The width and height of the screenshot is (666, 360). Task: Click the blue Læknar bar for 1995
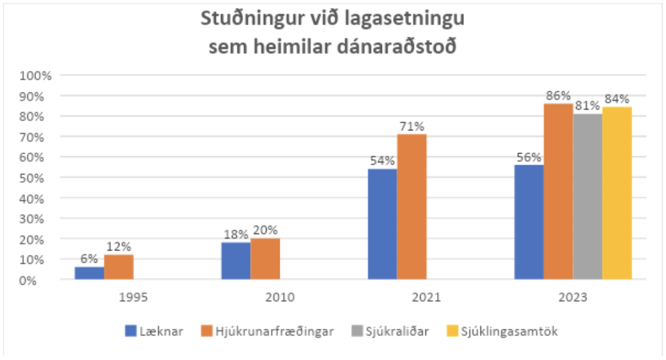coord(89,273)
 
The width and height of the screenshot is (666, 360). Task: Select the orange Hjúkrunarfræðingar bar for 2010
coord(265,259)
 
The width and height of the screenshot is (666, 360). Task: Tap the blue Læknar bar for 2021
coord(382,224)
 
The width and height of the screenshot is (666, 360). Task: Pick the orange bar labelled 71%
coord(411,207)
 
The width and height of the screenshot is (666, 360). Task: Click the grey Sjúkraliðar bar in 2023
coord(587,197)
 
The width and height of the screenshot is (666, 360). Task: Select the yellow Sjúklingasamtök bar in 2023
coord(616,193)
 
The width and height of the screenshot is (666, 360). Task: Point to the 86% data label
coord(558,96)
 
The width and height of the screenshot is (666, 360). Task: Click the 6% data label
coord(90,259)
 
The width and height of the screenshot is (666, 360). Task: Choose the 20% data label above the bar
coord(265,230)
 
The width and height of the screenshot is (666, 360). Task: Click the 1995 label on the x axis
coord(133,298)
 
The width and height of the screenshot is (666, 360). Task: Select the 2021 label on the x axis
coord(426,298)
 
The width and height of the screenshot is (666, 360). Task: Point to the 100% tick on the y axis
coord(39,76)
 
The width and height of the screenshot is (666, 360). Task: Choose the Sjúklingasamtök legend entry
coord(513,331)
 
